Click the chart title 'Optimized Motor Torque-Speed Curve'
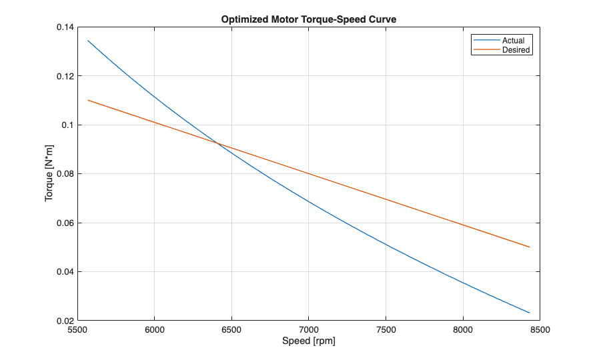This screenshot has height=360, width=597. coord(309,20)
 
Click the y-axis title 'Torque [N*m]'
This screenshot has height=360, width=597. coord(49,174)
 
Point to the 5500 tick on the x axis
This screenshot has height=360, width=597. coord(77,329)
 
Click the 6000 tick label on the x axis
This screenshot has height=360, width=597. coord(154,329)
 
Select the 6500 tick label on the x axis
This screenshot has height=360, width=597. coord(231,329)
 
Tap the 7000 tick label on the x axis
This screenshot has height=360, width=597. coord(309,329)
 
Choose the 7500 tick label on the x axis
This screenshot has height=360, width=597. coord(386,329)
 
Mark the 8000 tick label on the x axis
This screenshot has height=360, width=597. coord(463,329)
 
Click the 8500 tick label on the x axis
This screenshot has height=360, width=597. coord(540,329)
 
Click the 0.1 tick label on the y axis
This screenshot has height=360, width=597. coord(67,125)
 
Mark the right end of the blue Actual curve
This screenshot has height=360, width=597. coord(530,313)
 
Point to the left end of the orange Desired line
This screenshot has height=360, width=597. coord(88,100)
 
